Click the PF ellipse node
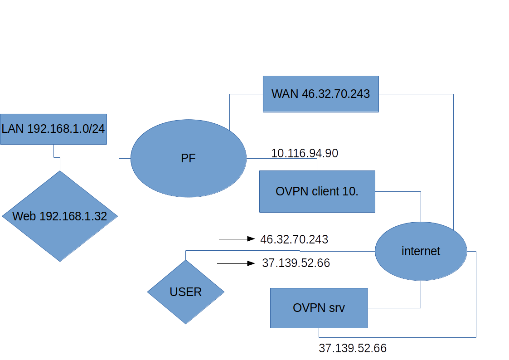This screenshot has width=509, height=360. click(x=188, y=159)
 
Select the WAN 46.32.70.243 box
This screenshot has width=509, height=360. click(x=320, y=94)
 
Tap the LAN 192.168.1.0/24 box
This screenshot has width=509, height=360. click(x=53, y=129)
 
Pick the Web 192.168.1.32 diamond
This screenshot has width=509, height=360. click(x=60, y=216)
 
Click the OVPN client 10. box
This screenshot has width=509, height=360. click(x=317, y=191)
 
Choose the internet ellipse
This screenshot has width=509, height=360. click(x=421, y=251)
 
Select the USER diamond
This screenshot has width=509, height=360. click(x=186, y=292)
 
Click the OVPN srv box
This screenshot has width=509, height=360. click(x=319, y=308)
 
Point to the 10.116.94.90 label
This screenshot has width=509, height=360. click(x=305, y=153)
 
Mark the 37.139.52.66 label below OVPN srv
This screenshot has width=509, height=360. click(x=353, y=348)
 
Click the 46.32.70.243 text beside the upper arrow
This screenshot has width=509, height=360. click(x=294, y=239)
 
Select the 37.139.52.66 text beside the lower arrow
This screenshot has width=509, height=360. click(x=296, y=263)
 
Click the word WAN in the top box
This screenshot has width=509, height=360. click(x=285, y=94)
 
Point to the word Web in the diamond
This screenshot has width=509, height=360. click(x=24, y=216)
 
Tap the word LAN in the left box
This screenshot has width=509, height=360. click(x=13, y=129)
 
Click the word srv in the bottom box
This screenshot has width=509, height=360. click(x=336, y=308)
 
